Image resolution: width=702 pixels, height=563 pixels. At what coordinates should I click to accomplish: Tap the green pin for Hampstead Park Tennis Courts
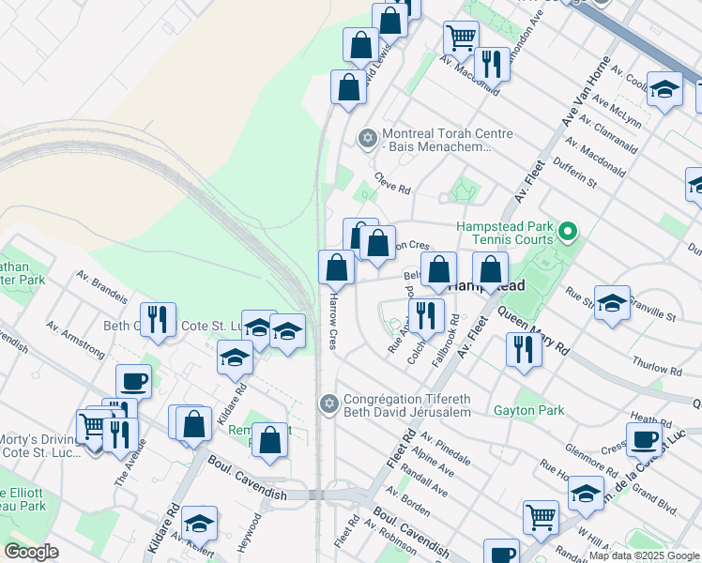click(567, 231)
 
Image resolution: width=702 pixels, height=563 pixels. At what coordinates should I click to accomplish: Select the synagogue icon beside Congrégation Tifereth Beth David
click(328, 403)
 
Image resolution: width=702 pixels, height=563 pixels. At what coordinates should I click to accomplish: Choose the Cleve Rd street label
click(392, 183)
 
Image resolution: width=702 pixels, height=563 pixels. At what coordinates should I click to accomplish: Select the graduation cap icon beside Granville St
click(612, 303)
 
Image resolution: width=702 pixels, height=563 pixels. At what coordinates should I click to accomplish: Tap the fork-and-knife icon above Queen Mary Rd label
click(523, 349)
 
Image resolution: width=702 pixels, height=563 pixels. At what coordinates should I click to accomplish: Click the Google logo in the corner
click(31, 552)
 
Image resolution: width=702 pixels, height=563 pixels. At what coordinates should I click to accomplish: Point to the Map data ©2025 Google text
click(644, 555)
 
